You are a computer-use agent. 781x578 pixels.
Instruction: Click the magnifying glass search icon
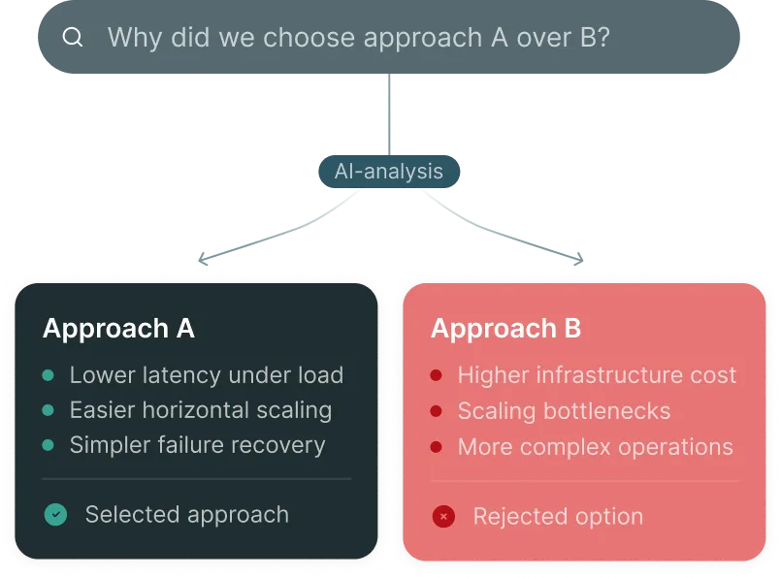click(x=73, y=38)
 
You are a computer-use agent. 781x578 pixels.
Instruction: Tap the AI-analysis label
click(x=389, y=172)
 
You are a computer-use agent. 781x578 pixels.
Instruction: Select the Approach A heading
click(x=118, y=329)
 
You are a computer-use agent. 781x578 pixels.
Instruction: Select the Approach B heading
click(x=505, y=329)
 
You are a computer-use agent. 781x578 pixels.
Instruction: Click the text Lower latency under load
click(x=206, y=375)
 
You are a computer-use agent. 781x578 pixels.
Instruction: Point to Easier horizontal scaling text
click(x=200, y=410)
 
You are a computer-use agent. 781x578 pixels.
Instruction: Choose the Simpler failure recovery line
click(x=197, y=445)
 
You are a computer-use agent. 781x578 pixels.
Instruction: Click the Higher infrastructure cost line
click(x=597, y=375)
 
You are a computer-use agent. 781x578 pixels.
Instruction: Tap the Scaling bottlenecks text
click(x=564, y=410)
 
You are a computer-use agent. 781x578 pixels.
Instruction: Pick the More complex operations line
click(x=595, y=447)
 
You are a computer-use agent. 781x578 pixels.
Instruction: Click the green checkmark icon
click(x=55, y=515)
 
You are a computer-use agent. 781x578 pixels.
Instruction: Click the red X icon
click(x=443, y=517)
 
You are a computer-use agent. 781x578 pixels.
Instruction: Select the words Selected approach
click(x=187, y=515)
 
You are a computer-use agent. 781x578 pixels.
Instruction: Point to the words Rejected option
click(x=558, y=517)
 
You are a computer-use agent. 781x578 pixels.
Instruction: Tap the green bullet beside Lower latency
click(x=48, y=375)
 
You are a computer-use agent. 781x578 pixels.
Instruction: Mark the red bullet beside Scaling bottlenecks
click(x=437, y=411)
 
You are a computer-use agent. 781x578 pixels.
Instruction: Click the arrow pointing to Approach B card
click(x=579, y=260)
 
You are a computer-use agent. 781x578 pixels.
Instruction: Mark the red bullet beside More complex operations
click(x=437, y=447)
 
